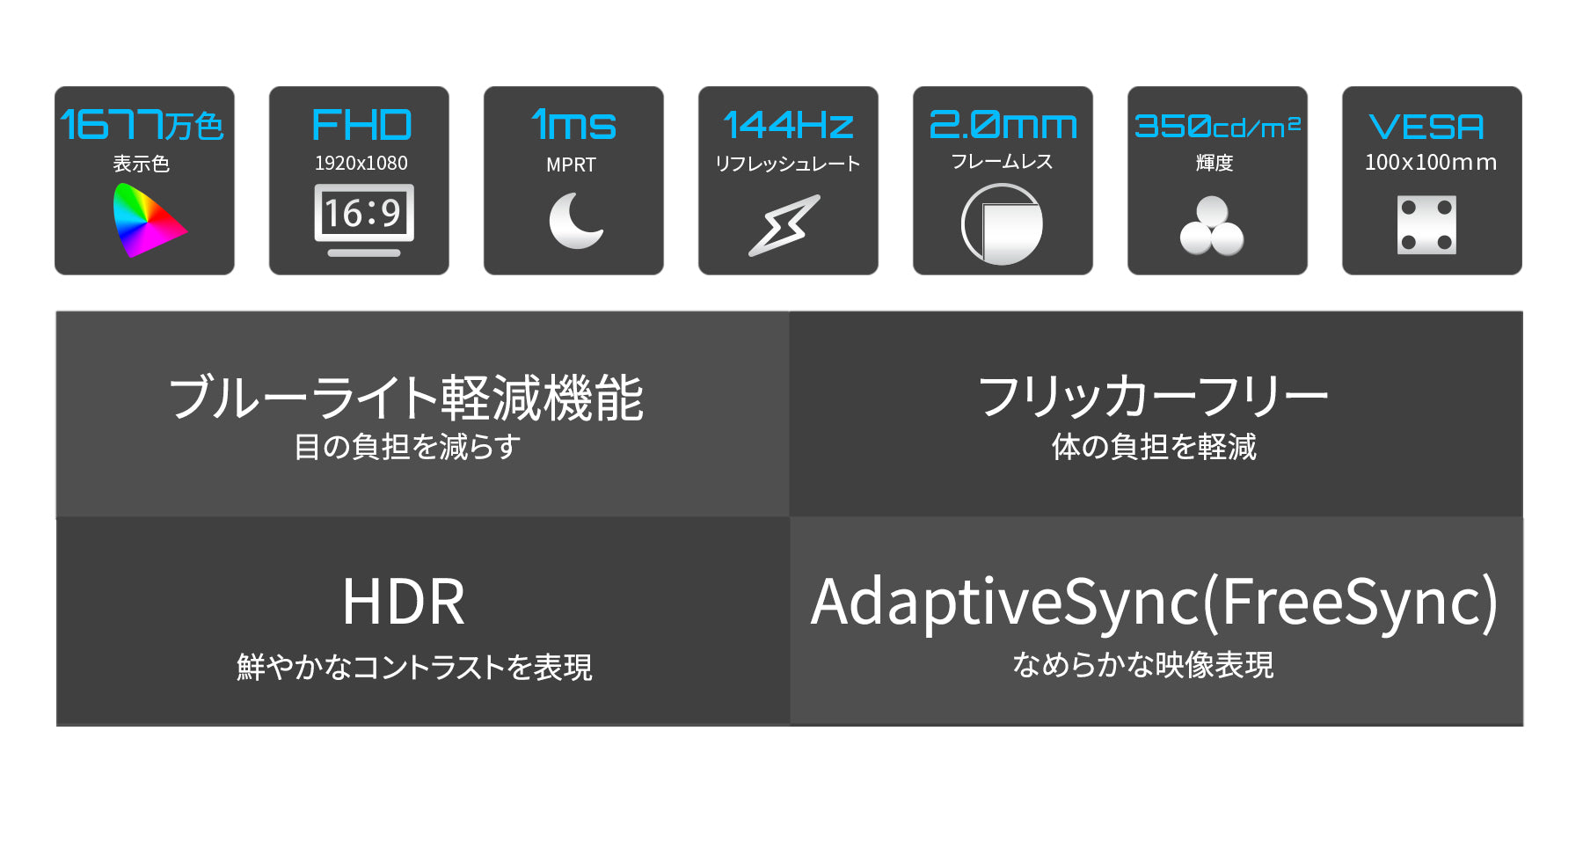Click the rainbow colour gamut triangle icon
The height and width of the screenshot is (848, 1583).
145,221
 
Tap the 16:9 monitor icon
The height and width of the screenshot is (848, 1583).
364,220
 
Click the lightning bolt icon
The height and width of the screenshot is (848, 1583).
784,225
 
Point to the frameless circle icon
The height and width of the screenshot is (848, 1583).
1002,224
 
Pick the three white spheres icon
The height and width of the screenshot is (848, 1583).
1212,226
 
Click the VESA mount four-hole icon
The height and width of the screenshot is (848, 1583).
1426,225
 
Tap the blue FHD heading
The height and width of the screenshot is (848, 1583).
361,125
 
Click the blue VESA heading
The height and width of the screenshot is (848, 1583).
1426,127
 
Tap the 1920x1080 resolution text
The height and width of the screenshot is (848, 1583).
361,163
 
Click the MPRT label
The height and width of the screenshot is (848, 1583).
571,164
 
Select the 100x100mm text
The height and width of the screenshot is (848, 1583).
1431,162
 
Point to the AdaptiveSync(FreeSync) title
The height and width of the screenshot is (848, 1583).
1154,603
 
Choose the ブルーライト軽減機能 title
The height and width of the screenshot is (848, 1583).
406,398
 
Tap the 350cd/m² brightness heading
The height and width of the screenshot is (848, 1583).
1217,127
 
